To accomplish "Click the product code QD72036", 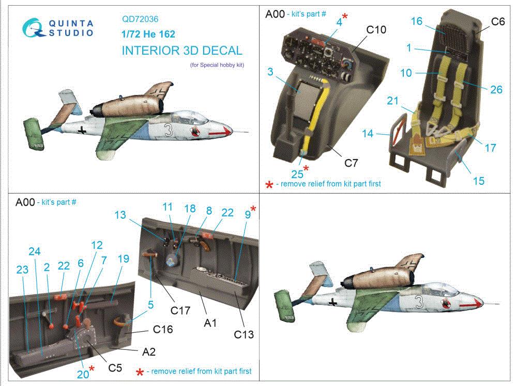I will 140,19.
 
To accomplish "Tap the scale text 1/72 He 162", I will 148,35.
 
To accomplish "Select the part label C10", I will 376,30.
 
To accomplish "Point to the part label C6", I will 497,21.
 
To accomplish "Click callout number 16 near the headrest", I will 417,21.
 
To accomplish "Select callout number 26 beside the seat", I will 496,90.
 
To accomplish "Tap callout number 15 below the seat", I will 479,181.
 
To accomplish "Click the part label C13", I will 244,334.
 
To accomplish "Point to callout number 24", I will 35,251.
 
